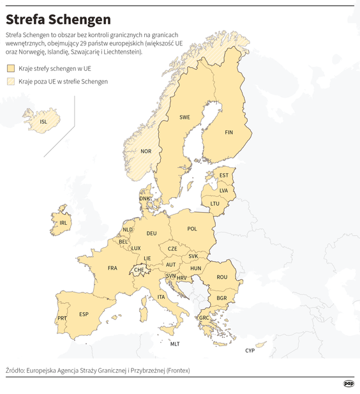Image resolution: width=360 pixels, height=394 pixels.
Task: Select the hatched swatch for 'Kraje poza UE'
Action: pos(11,81)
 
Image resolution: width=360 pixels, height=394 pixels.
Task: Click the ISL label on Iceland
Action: pos(43,121)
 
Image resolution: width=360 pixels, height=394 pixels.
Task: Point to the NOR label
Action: pos(146,151)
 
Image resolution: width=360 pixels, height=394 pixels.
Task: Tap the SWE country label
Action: pos(184,117)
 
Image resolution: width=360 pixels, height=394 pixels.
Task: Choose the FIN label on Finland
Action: pos(230,132)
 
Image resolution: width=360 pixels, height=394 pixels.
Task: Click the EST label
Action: pos(223,176)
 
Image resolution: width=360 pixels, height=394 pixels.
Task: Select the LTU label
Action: pos(214,204)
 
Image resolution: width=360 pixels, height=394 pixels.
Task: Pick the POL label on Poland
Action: pos(192,229)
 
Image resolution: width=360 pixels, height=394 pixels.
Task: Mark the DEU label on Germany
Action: pos(151,234)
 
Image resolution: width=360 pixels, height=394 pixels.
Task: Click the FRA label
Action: pos(112,268)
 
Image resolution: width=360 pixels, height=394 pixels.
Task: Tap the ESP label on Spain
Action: pos(84,314)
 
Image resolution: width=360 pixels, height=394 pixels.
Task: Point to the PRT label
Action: pos(62,318)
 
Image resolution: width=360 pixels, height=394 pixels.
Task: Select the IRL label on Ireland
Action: pos(63,223)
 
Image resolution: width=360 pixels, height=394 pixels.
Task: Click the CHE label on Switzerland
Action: pos(139,270)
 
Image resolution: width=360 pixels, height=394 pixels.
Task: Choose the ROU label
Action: pos(221,277)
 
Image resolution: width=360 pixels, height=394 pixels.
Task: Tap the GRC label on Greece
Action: pos(204,317)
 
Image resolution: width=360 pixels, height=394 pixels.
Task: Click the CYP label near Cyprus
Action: pos(250,351)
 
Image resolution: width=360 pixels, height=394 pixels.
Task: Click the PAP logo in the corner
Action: pos(349,383)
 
